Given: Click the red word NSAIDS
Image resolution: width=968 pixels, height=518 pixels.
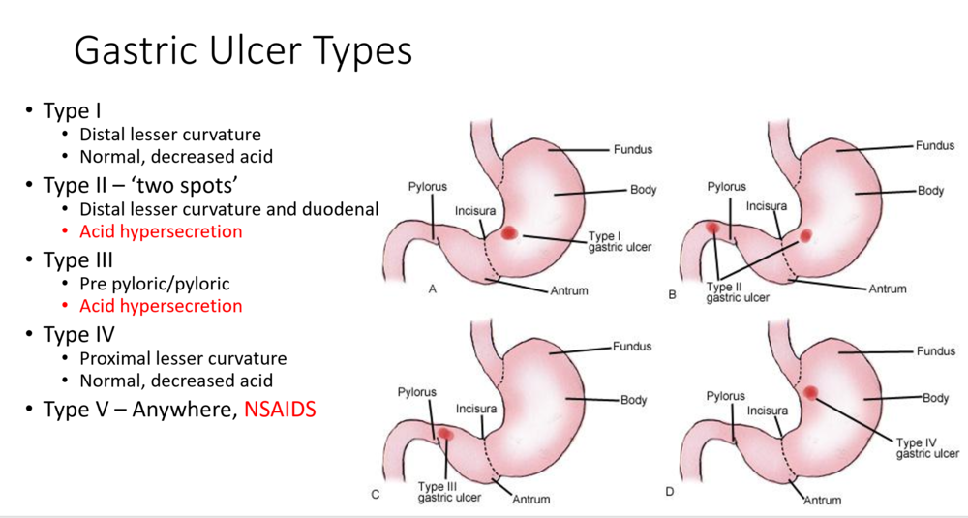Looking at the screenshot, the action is [281, 410].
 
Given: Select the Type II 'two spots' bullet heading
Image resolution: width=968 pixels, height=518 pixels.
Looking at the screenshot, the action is [141, 185].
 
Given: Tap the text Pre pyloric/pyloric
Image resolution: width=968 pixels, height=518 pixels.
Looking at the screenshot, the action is [154, 284].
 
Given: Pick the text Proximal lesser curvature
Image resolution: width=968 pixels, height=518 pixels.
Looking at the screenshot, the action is [183, 358].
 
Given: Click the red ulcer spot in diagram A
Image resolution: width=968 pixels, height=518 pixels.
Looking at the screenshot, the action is [509, 232].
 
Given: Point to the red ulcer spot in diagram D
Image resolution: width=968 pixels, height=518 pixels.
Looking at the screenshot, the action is [810, 393].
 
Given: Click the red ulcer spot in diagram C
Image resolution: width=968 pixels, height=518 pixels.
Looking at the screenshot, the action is [445, 435].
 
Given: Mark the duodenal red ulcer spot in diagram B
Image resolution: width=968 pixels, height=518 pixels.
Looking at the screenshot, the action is [713, 228].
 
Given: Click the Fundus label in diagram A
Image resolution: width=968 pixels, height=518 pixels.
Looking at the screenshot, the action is [633, 149].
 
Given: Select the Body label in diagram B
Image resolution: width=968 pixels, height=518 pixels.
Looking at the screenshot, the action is [930, 190].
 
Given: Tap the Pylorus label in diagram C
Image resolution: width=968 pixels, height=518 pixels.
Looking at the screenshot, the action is [416, 392].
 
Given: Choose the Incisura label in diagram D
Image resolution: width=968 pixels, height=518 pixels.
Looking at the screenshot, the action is [768, 411].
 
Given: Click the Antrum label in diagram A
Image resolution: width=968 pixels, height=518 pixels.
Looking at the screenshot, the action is [569, 290].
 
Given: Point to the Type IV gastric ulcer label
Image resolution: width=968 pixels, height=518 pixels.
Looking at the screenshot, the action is [927, 448].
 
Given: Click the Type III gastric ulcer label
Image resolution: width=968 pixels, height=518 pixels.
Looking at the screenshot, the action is [449, 492].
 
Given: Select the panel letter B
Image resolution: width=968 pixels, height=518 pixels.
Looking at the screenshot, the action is [673, 295].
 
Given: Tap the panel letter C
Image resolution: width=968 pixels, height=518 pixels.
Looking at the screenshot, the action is [375, 495].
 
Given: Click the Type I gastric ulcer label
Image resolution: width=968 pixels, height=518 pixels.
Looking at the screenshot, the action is [620, 241].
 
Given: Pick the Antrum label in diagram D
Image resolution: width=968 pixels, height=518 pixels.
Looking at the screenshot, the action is [822, 501].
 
